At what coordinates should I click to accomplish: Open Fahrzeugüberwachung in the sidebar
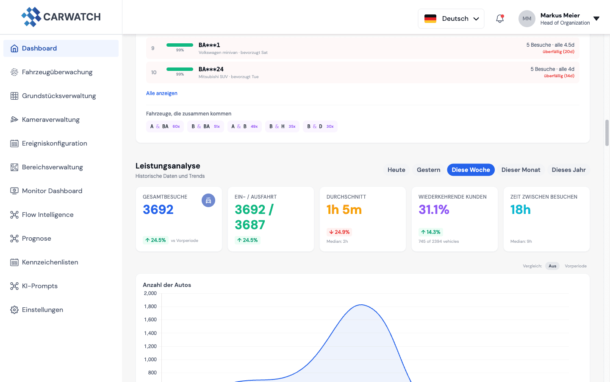(x=57, y=72)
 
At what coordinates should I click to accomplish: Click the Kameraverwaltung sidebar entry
(x=51, y=120)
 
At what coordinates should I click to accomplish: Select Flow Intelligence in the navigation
(x=48, y=215)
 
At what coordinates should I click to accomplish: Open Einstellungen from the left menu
(x=42, y=310)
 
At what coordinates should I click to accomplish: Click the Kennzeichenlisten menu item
(x=50, y=262)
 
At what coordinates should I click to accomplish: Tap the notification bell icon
(x=500, y=19)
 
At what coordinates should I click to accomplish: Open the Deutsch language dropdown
(x=451, y=19)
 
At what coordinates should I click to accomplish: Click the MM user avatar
(x=527, y=19)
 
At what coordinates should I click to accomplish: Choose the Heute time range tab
(x=396, y=170)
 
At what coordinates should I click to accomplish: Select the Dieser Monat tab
(x=521, y=170)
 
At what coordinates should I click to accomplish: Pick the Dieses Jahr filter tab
(x=568, y=170)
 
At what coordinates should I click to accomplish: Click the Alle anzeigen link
(x=162, y=93)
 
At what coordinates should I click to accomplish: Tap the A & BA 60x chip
(x=165, y=126)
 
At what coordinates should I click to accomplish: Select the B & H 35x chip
(x=282, y=126)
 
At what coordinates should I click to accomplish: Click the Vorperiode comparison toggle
(x=575, y=266)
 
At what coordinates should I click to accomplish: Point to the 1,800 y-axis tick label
(x=150, y=306)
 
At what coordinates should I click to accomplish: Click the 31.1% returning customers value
(x=434, y=210)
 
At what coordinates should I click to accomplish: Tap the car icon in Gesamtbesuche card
(x=208, y=200)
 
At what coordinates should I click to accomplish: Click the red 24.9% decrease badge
(x=339, y=232)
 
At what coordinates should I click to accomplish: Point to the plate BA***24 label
(x=211, y=69)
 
